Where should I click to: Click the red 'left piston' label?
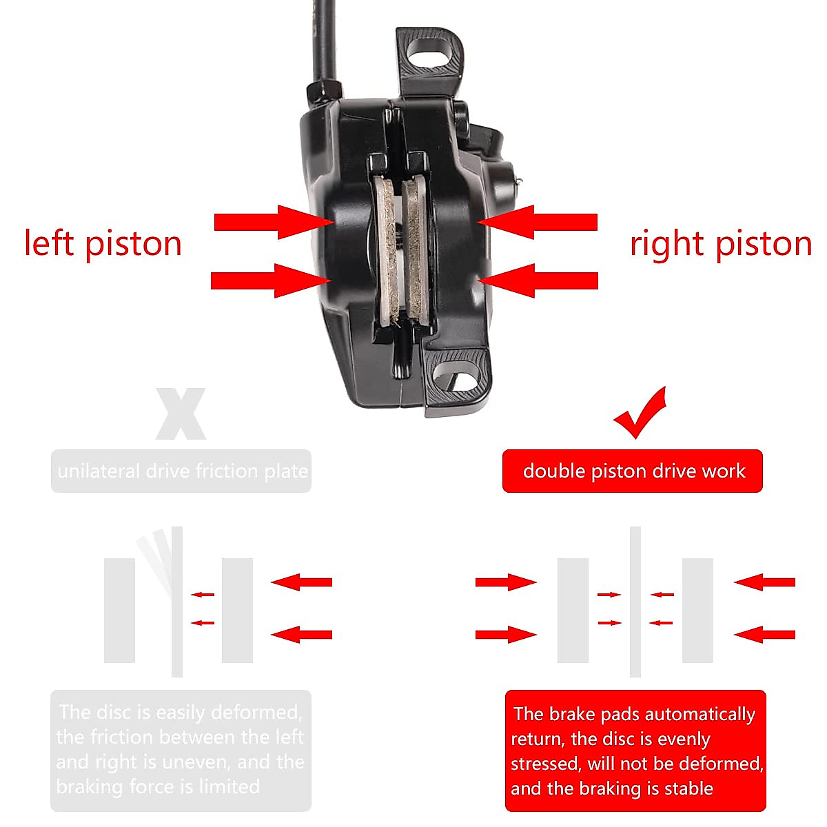103,244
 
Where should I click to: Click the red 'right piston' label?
720,244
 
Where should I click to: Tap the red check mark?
641,413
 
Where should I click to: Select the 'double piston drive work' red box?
633,471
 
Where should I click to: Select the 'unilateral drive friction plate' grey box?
181,471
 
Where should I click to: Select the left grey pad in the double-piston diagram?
573,611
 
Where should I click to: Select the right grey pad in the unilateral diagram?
237,611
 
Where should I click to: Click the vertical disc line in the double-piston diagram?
635,601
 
